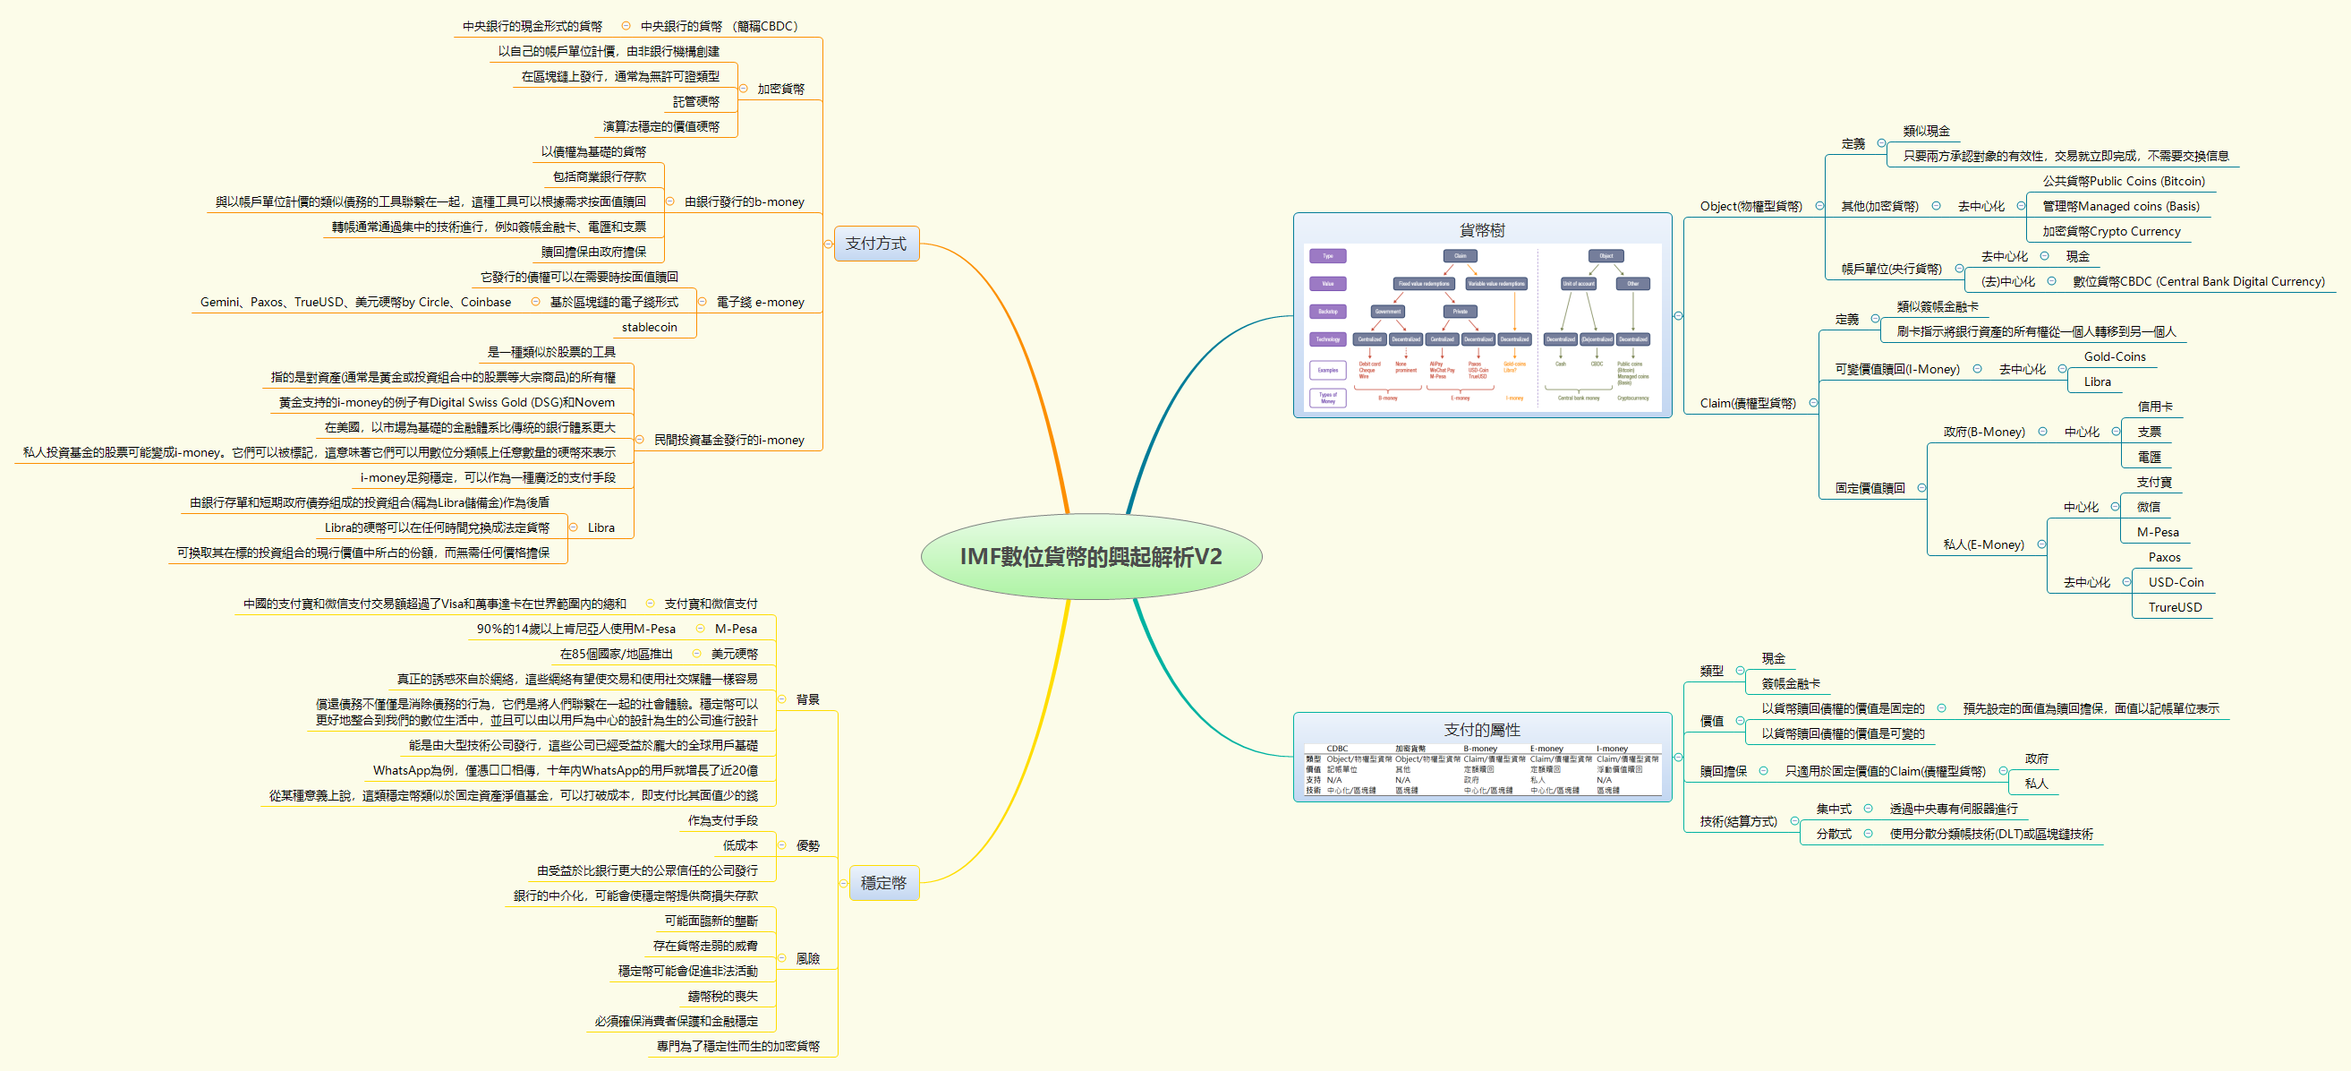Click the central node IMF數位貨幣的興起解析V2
pyautogui.click(x=1091, y=556)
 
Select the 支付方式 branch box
pyautogui.click(x=875, y=244)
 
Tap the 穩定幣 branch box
pyautogui.click(x=882, y=883)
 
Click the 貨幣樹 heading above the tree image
pyautogui.click(x=1481, y=230)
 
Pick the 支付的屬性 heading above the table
pyautogui.click(x=1481, y=730)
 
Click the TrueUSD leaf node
pyautogui.click(x=2174, y=607)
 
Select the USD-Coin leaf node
pyautogui.click(x=2175, y=583)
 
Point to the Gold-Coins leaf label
pyautogui.click(x=2114, y=357)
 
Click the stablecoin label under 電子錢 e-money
pyautogui.click(x=649, y=327)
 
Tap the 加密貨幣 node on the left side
pyautogui.click(x=780, y=90)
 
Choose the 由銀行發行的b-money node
pyautogui.click(x=744, y=201)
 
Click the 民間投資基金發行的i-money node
pyautogui.click(x=728, y=440)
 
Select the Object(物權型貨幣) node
pyautogui.click(x=1750, y=206)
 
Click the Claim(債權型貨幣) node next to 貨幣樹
pyautogui.click(x=1747, y=404)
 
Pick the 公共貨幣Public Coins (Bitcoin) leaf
pyautogui.click(x=2123, y=182)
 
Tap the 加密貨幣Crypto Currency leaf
pyautogui.click(x=2110, y=232)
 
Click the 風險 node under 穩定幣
pyautogui.click(x=807, y=959)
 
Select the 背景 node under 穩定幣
pyautogui.click(x=807, y=700)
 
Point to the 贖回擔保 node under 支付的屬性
pyautogui.click(x=1722, y=772)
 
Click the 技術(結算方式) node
pyautogui.click(x=1738, y=822)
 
